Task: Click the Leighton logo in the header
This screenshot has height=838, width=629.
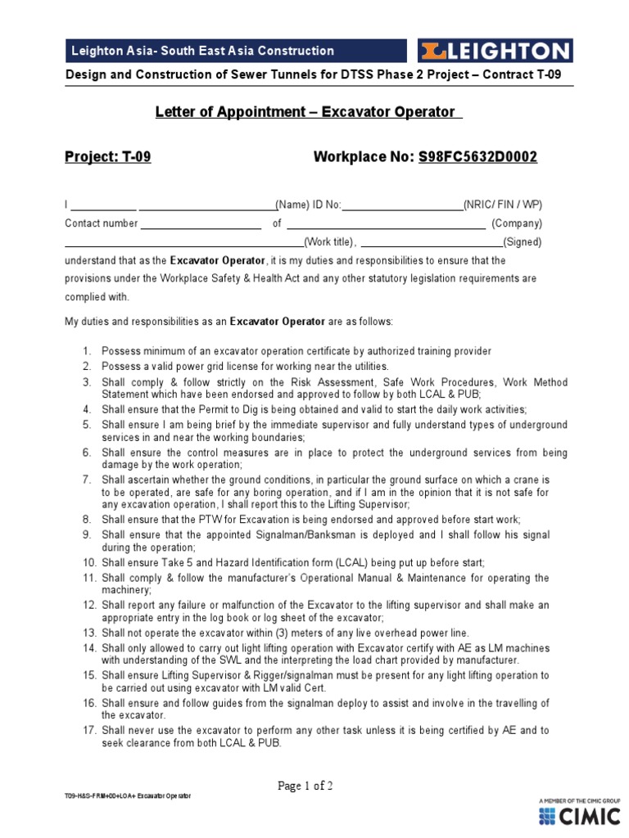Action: pyautogui.click(x=494, y=51)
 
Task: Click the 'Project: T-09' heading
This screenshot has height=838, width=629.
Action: pyautogui.click(x=107, y=157)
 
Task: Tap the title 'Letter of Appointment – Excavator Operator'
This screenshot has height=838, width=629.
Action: pyautogui.click(x=309, y=111)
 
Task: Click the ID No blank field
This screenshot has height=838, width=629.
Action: pyautogui.click(x=401, y=205)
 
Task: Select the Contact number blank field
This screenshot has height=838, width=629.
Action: pyautogui.click(x=201, y=223)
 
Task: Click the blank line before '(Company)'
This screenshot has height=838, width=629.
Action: pyautogui.click(x=385, y=223)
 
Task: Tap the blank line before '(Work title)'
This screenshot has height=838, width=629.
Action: pyautogui.click(x=183, y=242)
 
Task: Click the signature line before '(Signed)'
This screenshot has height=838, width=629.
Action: pyautogui.click(x=431, y=242)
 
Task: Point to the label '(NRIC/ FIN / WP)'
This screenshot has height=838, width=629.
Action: pyautogui.click(x=502, y=205)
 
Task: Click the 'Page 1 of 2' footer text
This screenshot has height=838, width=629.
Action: pyautogui.click(x=305, y=786)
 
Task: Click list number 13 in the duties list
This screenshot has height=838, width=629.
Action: pyautogui.click(x=88, y=633)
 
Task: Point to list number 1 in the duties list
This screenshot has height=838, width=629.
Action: pyautogui.click(x=88, y=352)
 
